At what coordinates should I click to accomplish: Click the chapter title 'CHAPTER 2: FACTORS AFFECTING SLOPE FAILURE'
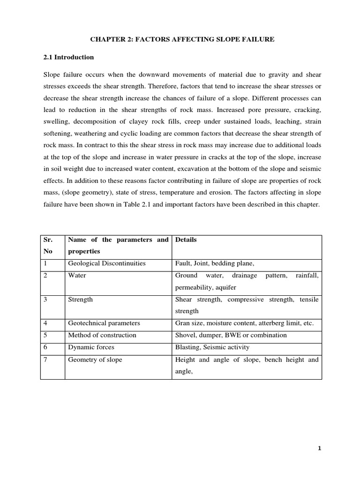coord(180,40)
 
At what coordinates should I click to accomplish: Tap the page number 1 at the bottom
coord(319,449)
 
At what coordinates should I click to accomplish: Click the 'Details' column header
coord(186,240)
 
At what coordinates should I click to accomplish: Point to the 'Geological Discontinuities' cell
coord(106,263)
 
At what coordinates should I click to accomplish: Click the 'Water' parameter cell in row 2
coord(77,276)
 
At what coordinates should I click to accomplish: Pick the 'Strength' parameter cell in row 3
coord(80,300)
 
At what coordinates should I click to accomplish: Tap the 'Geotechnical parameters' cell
coord(104,323)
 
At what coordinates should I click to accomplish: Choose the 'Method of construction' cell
coord(102,335)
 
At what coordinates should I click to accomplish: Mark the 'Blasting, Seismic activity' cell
coord(212,347)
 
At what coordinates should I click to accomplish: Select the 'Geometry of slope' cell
coord(95,360)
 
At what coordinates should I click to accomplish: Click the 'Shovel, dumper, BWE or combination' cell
coord(230,335)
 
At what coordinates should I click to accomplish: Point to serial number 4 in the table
coord(45,323)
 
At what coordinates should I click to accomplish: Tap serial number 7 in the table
coord(45,360)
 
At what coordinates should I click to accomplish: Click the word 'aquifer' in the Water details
coord(225,287)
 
